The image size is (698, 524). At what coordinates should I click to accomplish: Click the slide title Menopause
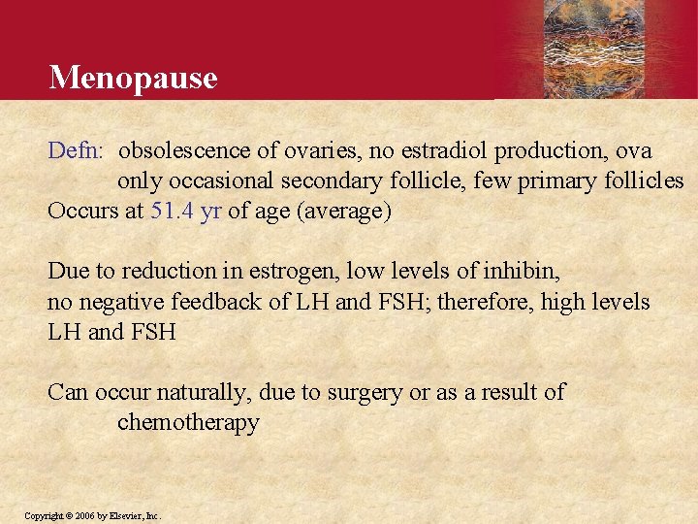[x=133, y=77]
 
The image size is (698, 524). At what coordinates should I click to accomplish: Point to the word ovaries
[x=322, y=151]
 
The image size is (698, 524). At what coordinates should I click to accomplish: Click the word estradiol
[x=440, y=151]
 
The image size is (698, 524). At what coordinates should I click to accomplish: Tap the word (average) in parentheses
[x=344, y=212]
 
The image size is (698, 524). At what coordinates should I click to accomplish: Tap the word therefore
[x=486, y=302]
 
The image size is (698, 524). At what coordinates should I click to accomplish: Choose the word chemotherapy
[x=188, y=423]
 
